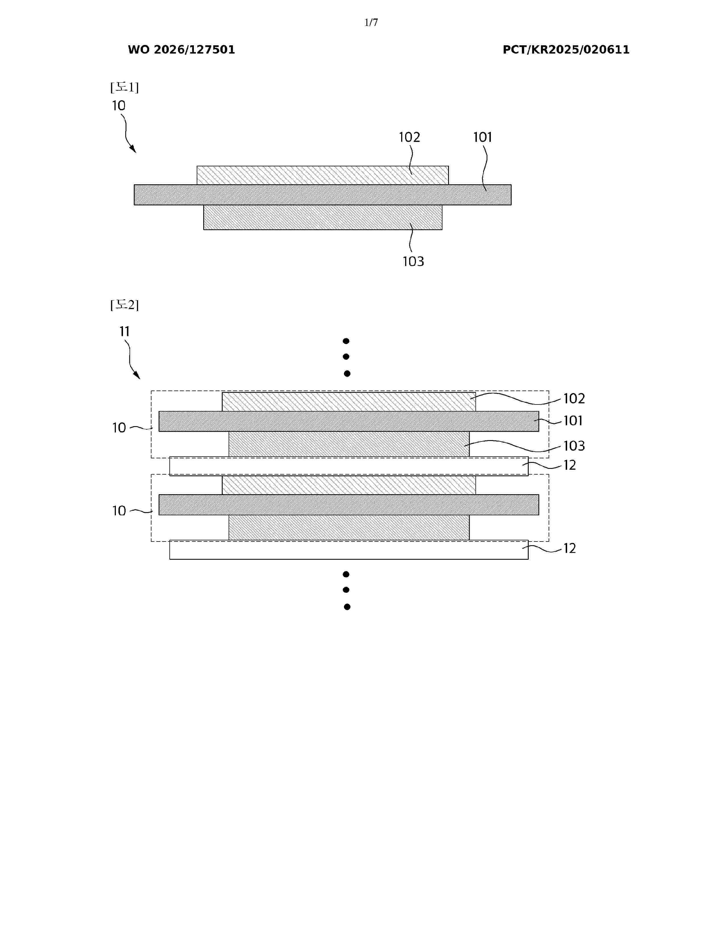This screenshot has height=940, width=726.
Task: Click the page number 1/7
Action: coord(371,23)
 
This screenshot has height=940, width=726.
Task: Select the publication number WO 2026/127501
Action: coord(182,50)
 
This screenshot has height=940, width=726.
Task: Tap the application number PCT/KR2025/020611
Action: coord(566,50)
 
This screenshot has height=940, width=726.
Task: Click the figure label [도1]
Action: coord(125,87)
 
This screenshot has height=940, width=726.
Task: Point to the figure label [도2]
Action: coord(125,305)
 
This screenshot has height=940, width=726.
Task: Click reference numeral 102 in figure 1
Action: coord(409,137)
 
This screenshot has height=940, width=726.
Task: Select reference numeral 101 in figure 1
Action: coord(483,137)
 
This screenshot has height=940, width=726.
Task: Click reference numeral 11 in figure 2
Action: coord(124,331)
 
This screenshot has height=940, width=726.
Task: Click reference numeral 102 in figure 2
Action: coord(574,399)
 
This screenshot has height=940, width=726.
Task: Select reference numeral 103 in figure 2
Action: coord(574,446)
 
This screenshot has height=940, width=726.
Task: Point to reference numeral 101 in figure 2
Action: coord(573,420)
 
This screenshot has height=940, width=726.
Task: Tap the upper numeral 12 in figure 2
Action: coord(569,465)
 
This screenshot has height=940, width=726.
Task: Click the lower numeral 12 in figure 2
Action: coord(569,548)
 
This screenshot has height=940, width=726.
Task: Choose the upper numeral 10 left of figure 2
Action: coord(119,428)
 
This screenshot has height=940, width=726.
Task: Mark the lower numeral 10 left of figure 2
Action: coord(119,511)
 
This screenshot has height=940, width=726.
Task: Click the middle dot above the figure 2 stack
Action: coord(346,356)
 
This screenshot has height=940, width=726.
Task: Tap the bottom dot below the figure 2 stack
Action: coord(347,607)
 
